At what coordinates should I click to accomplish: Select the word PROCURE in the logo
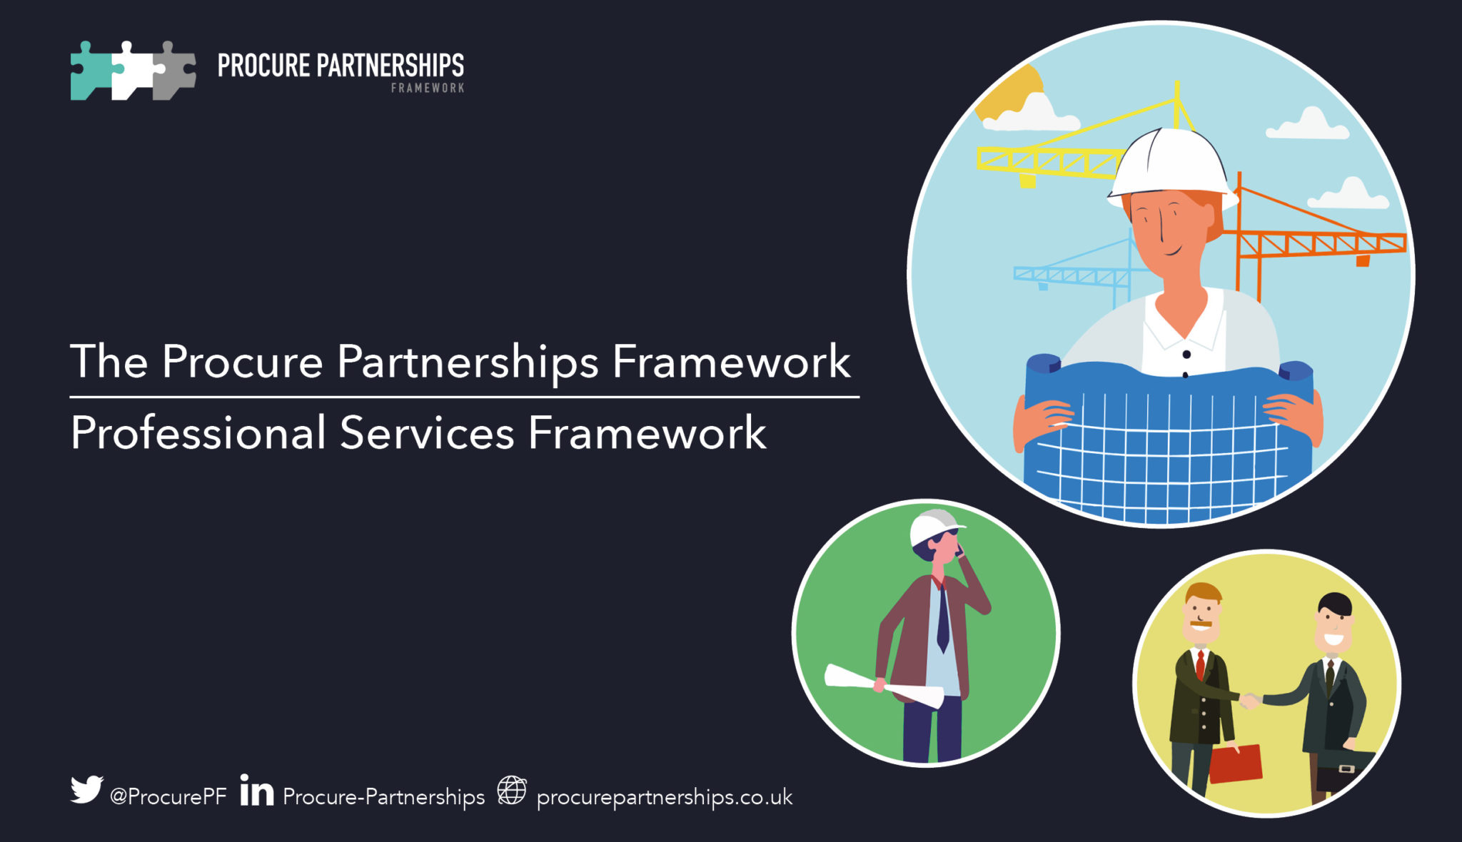click(x=263, y=66)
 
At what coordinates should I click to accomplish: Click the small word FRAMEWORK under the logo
click(x=428, y=88)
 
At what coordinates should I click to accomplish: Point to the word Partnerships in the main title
click(x=468, y=362)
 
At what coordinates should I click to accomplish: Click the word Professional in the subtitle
click(x=198, y=433)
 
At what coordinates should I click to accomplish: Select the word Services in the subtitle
click(x=427, y=433)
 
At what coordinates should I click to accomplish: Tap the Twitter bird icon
click(x=86, y=790)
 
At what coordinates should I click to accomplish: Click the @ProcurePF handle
click(x=168, y=796)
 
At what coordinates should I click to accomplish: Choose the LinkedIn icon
click(x=256, y=791)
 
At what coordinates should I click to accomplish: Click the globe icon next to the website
click(x=512, y=791)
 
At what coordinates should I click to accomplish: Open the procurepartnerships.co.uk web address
click(x=665, y=797)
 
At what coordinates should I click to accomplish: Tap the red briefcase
click(x=1236, y=764)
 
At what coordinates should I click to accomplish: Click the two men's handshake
click(x=1249, y=700)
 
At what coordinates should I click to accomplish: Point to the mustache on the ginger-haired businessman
click(x=1201, y=625)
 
